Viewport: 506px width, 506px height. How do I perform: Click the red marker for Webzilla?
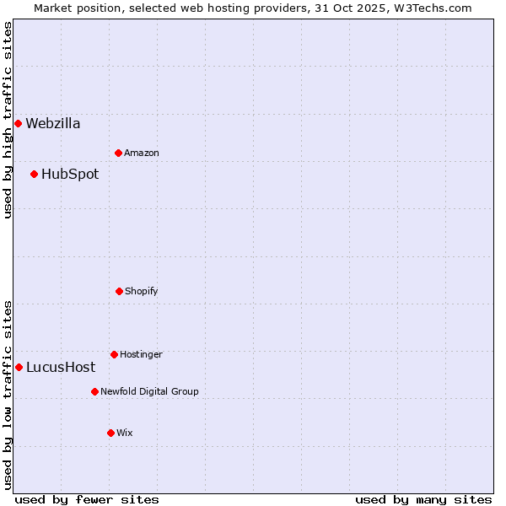18,124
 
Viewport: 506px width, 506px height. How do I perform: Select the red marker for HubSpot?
34,175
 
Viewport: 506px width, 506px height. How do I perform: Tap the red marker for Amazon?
118,153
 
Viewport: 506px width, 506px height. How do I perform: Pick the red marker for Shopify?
119,291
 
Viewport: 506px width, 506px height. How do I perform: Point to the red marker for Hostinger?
114,354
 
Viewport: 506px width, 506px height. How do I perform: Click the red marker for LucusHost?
19,367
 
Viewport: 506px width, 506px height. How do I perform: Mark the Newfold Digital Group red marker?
94,391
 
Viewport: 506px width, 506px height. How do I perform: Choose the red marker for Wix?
110,433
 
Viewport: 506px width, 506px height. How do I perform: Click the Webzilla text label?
53,124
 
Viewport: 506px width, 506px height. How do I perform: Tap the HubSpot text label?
70,175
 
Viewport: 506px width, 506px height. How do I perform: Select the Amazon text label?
142,153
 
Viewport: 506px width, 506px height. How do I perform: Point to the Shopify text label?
142,291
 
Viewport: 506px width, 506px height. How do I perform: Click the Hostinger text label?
141,354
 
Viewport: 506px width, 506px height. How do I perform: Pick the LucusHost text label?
61,367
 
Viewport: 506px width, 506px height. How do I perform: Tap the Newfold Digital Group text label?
149,391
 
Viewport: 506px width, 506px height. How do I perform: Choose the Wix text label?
125,433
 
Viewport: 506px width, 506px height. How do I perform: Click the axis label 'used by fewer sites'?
87,499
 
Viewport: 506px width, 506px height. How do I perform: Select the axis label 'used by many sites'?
423,499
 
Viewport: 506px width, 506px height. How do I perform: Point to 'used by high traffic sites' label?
8,120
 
